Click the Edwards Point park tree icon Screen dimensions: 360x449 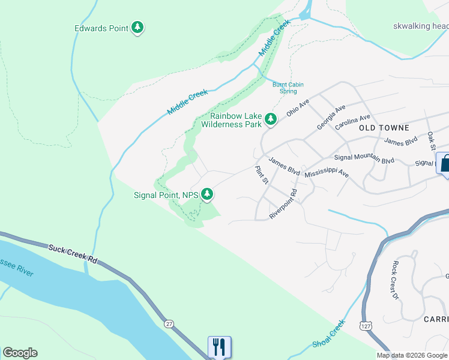click(138, 28)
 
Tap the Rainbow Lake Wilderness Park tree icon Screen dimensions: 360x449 click(271, 120)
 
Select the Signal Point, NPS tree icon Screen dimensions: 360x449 click(207, 194)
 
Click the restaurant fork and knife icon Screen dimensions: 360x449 click(219, 347)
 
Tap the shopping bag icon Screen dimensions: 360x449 click(445, 163)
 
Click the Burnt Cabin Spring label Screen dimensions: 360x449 click(285, 88)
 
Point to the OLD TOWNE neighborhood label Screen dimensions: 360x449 click(384, 128)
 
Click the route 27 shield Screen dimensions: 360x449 click(169, 324)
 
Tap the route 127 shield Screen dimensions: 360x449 click(366, 325)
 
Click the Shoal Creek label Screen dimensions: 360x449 click(329, 334)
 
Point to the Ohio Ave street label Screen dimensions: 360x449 click(297, 108)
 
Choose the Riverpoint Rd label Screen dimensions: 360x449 click(283, 204)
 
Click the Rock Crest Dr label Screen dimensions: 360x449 click(394, 280)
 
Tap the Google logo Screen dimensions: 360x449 click(20, 353)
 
